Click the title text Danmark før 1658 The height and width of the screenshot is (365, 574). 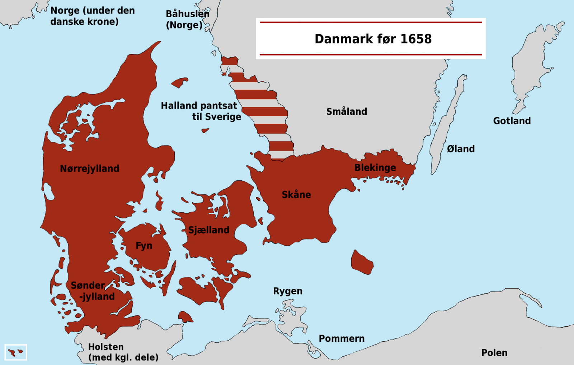[x=373, y=39]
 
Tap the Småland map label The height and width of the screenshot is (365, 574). [x=347, y=112]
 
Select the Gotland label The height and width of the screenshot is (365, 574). [x=512, y=121]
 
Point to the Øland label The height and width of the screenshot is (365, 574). [x=461, y=149]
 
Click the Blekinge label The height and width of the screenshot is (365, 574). [x=375, y=167]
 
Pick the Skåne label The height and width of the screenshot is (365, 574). [x=296, y=195]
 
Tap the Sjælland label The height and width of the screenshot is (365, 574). [x=208, y=230]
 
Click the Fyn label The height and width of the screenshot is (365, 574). [x=144, y=246]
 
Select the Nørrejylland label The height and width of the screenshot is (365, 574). [x=89, y=169]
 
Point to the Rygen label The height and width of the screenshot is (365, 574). [x=287, y=291]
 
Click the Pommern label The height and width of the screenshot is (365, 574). [x=342, y=338]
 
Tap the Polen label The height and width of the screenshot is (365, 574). [x=494, y=353]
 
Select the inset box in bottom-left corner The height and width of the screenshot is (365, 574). [x=16, y=352]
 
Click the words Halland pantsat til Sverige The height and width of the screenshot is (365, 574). [x=201, y=111]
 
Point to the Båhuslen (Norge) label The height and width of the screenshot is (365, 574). [x=187, y=19]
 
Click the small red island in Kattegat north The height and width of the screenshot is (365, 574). [x=179, y=83]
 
